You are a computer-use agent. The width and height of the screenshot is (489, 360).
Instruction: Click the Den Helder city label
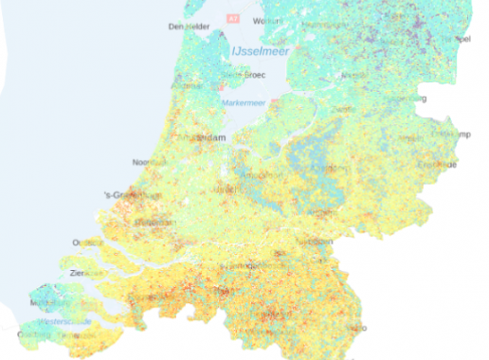(x=187, y=27)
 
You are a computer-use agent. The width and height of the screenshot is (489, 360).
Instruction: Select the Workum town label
(x=271, y=20)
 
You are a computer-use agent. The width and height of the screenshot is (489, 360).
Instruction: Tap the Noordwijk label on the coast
(x=149, y=163)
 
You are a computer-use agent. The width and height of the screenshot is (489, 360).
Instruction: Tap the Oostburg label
(x=36, y=334)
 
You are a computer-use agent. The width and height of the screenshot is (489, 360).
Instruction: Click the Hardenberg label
(x=413, y=98)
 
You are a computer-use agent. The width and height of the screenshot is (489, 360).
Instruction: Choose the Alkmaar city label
(x=203, y=81)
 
